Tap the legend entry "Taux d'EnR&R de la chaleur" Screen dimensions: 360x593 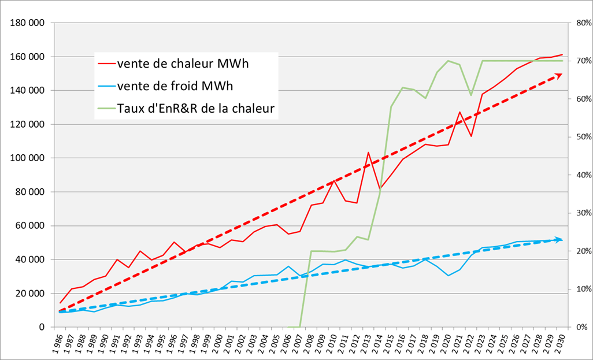click(x=195, y=107)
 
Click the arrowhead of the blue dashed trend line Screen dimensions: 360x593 click(x=559, y=239)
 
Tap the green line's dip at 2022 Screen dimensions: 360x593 click(x=471, y=95)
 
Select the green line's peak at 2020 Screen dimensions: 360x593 click(x=449, y=61)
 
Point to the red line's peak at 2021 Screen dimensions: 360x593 click(x=459, y=112)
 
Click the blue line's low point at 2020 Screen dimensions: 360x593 click(x=449, y=276)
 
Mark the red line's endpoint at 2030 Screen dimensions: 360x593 click(x=562, y=55)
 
